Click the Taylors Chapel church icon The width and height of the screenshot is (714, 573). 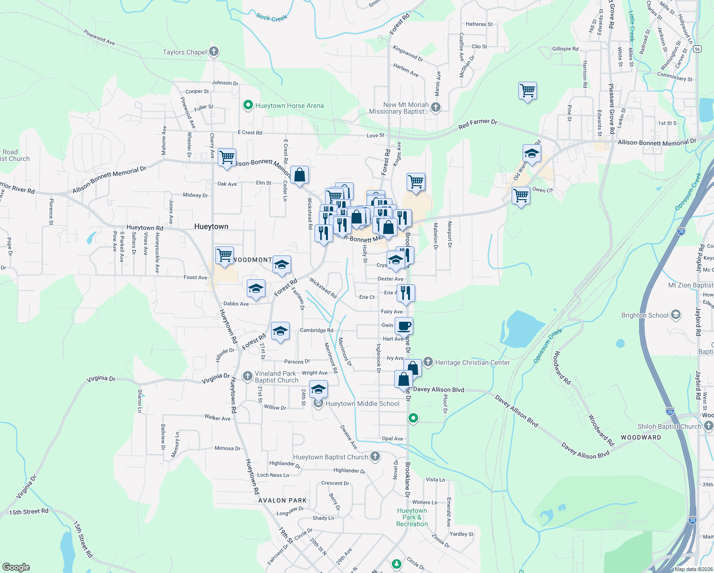tap(214, 52)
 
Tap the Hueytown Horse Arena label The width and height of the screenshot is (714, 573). tap(289, 106)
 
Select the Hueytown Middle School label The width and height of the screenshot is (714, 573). tap(362, 403)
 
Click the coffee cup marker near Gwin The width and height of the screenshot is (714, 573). tap(404, 326)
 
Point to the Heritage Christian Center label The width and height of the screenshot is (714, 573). tap(472, 362)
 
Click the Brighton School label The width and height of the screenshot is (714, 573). tap(645, 315)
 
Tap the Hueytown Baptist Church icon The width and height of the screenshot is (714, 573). tap(375, 456)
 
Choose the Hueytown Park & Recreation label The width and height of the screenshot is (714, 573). tap(412, 517)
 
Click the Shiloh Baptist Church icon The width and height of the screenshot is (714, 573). tap(708, 426)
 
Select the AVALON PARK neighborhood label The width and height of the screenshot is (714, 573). tap(283, 500)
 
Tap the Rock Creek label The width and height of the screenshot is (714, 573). tap(272, 18)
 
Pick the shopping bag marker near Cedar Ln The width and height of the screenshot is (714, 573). tap(299, 175)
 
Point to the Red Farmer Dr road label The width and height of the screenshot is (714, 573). tap(478, 124)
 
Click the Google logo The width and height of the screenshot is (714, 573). tap(16, 567)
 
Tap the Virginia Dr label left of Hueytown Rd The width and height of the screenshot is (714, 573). tap(101, 379)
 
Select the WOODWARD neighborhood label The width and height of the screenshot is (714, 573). tap(641, 437)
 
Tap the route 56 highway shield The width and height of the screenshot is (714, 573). tap(698, 49)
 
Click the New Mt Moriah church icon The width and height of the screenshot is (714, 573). tap(435, 107)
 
